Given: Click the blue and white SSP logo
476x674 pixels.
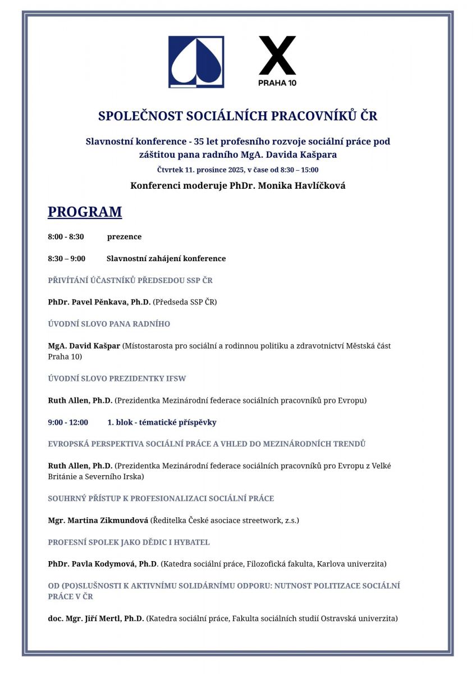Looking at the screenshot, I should [x=196, y=62].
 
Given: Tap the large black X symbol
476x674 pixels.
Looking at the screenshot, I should [x=277, y=56].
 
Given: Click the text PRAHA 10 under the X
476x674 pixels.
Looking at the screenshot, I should [x=277, y=83].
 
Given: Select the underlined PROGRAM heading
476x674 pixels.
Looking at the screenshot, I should [x=85, y=212].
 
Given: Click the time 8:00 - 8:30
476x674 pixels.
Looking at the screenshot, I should [x=66, y=236].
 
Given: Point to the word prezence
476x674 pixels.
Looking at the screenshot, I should [x=124, y=236].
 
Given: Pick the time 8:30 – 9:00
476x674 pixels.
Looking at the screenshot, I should [x=66, y=258].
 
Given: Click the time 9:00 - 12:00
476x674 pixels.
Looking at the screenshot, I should [x=68, y=422].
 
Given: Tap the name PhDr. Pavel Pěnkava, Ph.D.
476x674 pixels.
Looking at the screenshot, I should [x=99, y=302].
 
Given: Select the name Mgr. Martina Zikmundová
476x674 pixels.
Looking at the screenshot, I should [x=98, y=520].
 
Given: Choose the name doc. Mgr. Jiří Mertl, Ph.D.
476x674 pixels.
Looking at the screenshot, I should [x=96, y=618].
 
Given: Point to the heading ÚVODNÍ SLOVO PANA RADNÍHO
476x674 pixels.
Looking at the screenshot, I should [x=109, y=324].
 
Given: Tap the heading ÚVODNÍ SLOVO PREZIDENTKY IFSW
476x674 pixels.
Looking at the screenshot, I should [x=117, y=379].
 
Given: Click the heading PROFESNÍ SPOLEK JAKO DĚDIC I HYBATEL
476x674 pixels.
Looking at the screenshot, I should [x=129, y=542].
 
